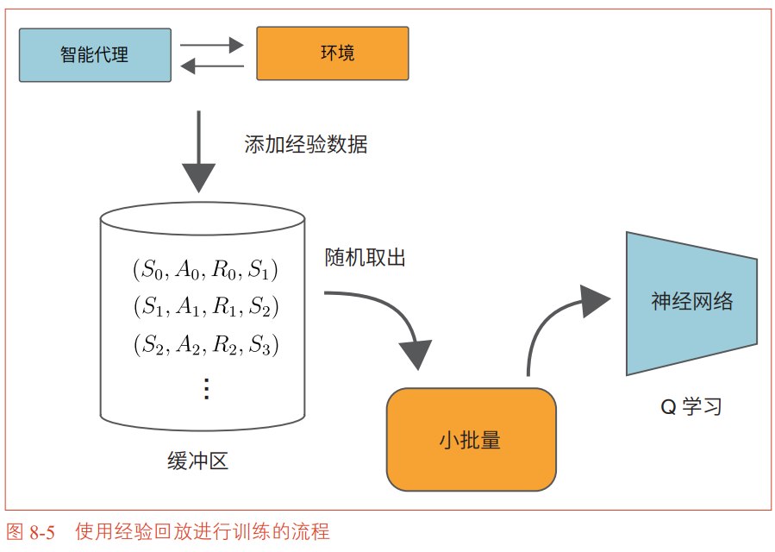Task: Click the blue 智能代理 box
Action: tap(95, 55)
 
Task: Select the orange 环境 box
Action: tap(333, 53)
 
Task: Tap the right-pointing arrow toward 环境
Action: tap(212, 45)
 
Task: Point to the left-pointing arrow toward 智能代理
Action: tap(212, 66)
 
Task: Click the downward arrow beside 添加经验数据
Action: tap(198, 151)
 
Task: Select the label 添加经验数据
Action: tap(306, 144)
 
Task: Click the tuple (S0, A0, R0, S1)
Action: tap(205, 270)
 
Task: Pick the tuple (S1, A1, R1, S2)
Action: tap(206, 307)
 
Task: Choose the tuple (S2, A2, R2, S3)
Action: tap(206, 344)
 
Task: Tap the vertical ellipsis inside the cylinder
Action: tap(207, 389)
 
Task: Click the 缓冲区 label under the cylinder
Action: tap(197, 461)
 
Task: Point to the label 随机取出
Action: tap(366, 258)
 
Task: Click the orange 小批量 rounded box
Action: tap(471, 439)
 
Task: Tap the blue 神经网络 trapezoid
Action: tap(691, 304)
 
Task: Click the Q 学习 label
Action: tap(691, 407)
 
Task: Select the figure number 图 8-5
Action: tap(31, 532)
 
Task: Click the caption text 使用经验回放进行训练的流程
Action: tap(202, 532)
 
